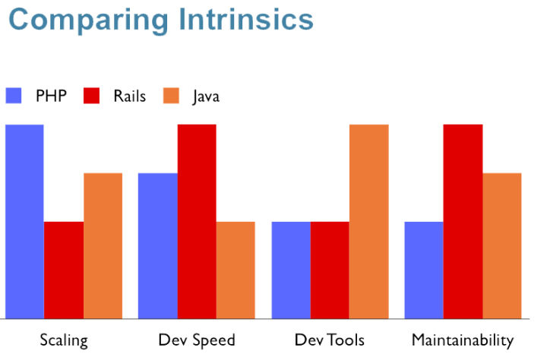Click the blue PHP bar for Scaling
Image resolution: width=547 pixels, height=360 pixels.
point(24,221)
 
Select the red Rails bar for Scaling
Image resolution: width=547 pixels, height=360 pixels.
point(64,270)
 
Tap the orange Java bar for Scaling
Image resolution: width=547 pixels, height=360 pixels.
point(103,245)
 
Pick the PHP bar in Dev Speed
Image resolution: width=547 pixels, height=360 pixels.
point(157,245)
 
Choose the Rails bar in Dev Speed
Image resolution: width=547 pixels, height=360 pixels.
point(197,221)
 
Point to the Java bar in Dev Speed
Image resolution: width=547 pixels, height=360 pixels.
point(236,270)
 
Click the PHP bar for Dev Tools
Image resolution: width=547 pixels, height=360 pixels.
point(291,270)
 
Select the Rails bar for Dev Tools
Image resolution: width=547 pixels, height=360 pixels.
point(330,270)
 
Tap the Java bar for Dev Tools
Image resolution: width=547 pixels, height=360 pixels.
point(369,221)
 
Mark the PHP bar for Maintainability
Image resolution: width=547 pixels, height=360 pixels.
point(424,270)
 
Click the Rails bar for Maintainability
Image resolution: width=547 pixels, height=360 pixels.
point(463,221)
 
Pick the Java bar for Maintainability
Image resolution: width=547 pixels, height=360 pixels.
point(502,245)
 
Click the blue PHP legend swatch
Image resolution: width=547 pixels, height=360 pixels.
point(14,96)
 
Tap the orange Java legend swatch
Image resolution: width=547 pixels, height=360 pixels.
point(172,96)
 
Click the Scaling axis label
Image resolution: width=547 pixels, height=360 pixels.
point(64,339)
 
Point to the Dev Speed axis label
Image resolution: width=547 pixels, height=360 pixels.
point(197,339)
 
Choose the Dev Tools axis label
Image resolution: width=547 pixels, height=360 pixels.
point(330,339)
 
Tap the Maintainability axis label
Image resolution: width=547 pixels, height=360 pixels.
point(463,339)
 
